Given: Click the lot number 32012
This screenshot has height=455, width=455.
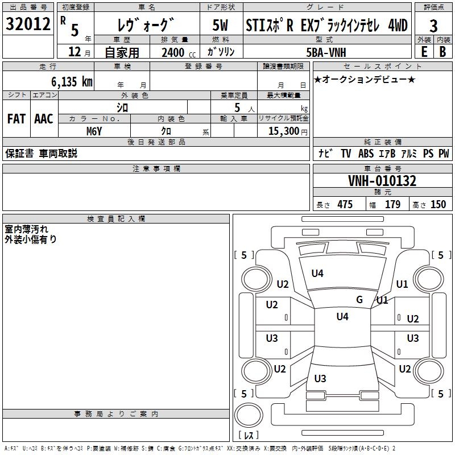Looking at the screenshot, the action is pos(28,25).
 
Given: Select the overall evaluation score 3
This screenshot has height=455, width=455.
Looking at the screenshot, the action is pos(433,26).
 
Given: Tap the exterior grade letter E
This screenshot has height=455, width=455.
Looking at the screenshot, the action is pos(424,51).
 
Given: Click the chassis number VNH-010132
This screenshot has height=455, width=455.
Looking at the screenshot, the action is pos(382,181).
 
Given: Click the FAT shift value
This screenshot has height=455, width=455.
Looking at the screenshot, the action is pos(16,118).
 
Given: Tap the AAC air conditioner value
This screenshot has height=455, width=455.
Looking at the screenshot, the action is pos(44,118).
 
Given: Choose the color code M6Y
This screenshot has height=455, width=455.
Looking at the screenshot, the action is pos(94,131).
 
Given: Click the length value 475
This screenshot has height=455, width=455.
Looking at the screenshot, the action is pos(345,205).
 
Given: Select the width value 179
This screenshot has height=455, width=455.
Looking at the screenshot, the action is pos(393,205).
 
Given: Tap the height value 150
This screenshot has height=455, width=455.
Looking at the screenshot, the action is pos(438,205).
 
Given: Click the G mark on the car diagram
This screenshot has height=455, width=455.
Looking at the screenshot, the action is pos(359,300).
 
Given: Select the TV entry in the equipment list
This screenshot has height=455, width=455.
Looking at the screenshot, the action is pos(346,154).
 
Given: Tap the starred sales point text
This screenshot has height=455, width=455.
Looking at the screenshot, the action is pos(365,79).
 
